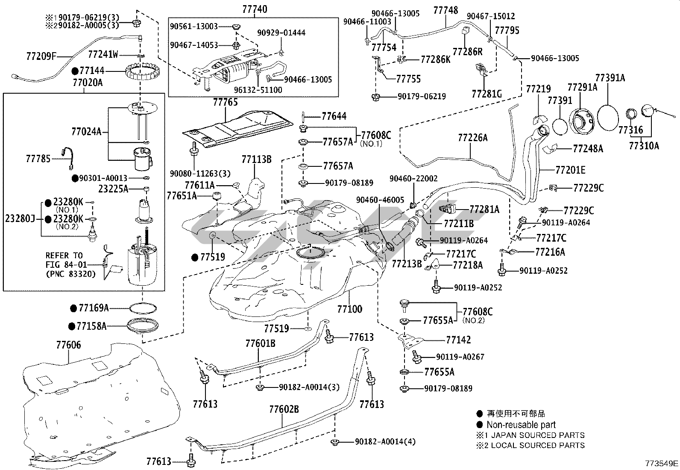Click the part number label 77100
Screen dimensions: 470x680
point(349,309)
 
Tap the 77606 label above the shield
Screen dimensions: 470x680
point(68,345)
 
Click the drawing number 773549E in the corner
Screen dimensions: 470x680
point(662,463)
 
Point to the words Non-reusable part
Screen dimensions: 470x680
point(521,425)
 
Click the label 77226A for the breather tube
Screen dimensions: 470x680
point(472,138)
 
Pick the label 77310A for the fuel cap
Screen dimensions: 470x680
point(644,146)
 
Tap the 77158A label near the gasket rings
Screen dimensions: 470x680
point(92,326)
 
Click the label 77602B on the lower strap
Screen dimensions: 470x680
point(284,409)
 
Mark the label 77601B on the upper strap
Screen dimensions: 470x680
point(260,343)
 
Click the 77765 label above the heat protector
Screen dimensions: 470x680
point(226,103)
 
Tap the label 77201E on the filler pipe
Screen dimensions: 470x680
point(570,170)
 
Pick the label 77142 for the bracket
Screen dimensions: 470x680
point(458,340)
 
